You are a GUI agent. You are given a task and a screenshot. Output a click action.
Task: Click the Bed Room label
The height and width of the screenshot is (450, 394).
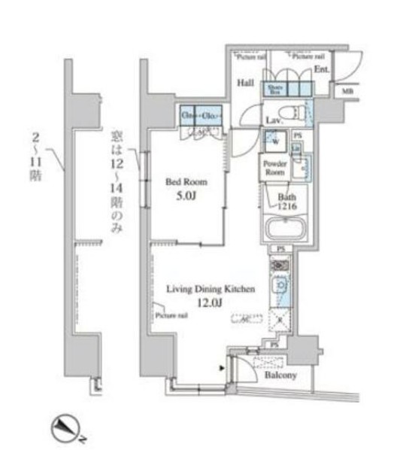pos(186,181)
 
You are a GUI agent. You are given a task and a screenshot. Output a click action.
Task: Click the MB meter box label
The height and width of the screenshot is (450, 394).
pos(347,92)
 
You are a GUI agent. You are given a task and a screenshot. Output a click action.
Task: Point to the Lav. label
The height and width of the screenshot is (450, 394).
pos(273,120)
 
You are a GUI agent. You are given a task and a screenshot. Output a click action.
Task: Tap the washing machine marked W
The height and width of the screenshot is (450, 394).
pos(273,141)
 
